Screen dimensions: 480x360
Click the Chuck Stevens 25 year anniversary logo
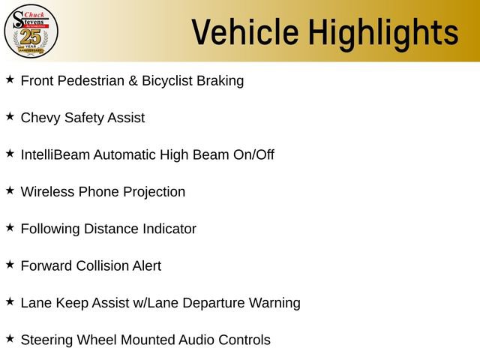(x=31, y=31)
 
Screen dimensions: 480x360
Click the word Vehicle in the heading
(x=245, y=32)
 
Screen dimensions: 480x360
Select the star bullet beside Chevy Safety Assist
(x=10, y=117)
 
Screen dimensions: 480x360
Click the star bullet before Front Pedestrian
(x=10, y=79)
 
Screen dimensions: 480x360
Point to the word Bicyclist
(x=167, y=81)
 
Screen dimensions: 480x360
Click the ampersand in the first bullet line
(x=133, y=81)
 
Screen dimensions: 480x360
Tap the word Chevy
(x=40, y=118)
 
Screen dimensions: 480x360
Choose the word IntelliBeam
(x=55, y=154)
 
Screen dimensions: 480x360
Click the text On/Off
(x=253, y=154)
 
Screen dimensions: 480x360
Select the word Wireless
(x=47, y=192)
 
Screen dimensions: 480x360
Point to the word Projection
(x=154, y=193)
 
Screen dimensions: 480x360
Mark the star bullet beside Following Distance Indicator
(x=10, y=228)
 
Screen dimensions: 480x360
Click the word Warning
(x=274, y=303)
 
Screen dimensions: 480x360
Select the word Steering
(x=46, y=340)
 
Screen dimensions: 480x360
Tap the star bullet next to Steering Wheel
(x=10, y=339)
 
